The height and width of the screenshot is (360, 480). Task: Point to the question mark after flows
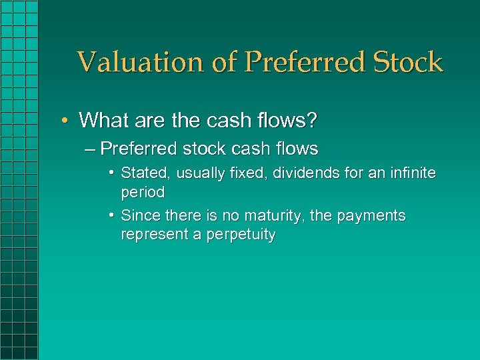tap(313, 121)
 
